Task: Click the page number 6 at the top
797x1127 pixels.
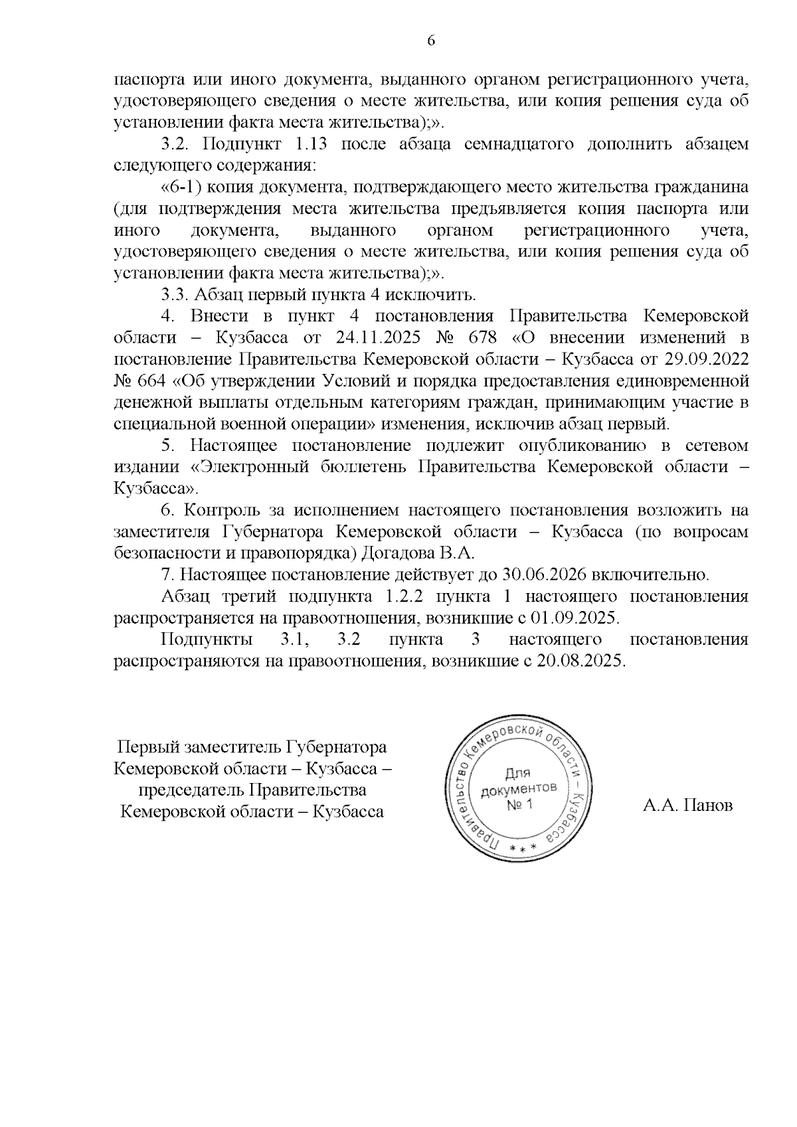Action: [430, 41]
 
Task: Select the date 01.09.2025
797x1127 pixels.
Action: [575, 618]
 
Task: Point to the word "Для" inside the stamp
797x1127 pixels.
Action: [517, 773]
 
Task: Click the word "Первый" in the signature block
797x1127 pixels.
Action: [143, 747]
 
